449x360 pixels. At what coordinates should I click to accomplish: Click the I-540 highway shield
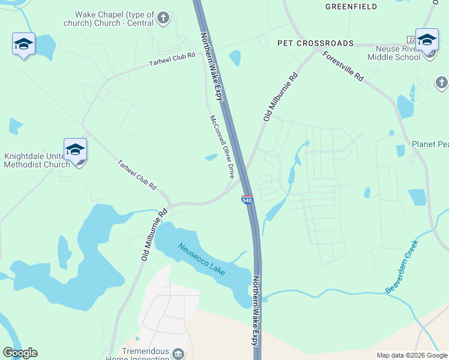click(247, 199)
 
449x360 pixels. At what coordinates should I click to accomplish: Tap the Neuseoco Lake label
click(202, 259)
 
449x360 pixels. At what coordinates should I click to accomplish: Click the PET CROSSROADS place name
click(315, 44)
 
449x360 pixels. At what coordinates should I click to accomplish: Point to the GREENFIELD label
click(351, 7)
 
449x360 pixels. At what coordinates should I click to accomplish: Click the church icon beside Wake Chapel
click(163, 18)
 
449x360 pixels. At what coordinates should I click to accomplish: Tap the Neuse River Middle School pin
click(427, 41)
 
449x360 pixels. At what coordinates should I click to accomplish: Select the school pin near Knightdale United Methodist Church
click(75, 151)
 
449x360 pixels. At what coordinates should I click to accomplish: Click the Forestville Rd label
click(343, 66)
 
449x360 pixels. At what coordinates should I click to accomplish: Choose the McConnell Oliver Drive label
click(221, 146)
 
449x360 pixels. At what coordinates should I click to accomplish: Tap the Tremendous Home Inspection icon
click(178, 354)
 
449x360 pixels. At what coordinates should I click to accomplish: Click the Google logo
click(20, 353)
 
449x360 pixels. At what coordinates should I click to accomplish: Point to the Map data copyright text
click(411, 355)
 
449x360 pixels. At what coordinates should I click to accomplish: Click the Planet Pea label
click(430, 145)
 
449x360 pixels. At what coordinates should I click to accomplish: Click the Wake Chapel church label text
click(114, 18)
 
